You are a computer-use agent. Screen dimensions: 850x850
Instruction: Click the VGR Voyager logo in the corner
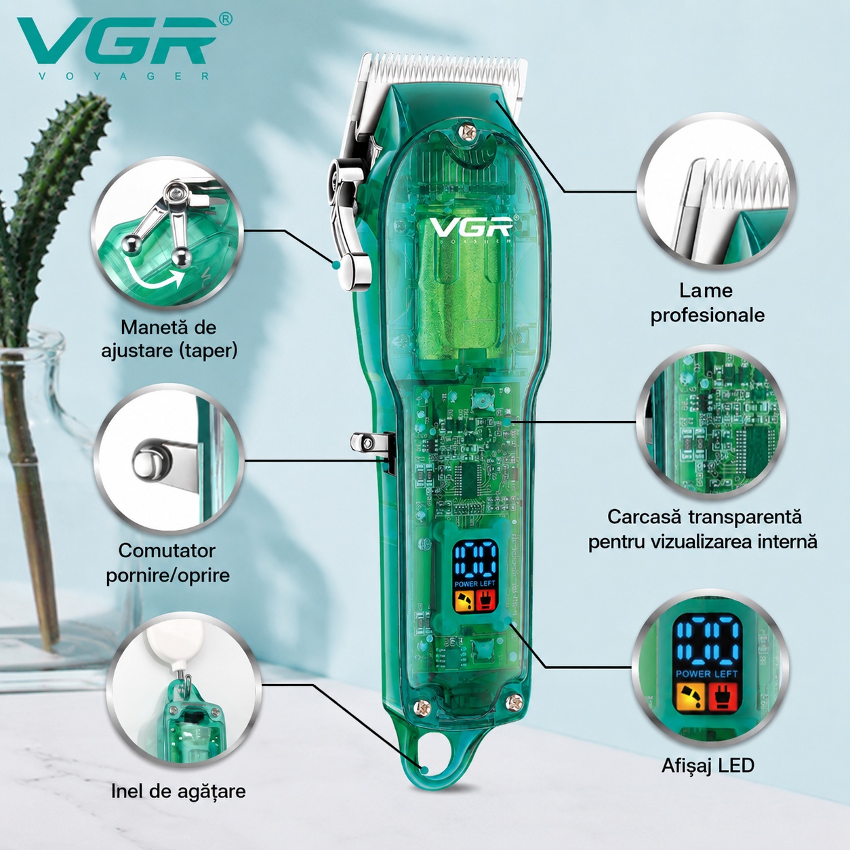click(x=125, y=47)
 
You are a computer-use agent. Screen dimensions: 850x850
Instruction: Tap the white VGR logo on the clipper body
click(x=470, y=226)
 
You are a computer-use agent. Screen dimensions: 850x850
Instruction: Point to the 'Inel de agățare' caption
click(x=178, y=791)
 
